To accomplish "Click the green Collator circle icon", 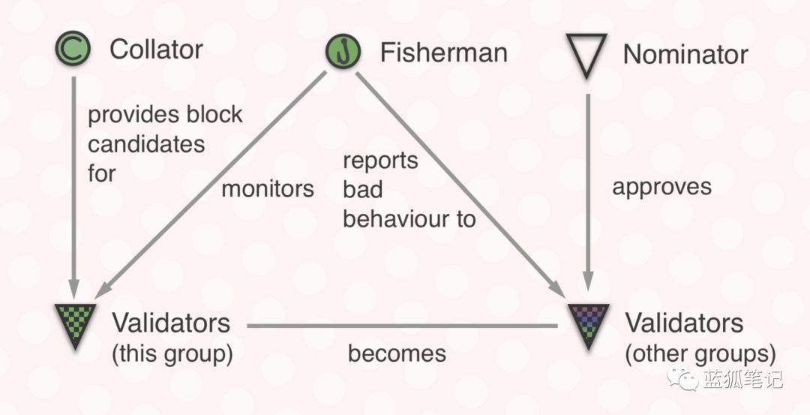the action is point(73,48).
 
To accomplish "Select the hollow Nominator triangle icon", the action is point(586,55).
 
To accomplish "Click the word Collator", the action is point(156,50).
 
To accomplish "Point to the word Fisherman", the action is point(444,53).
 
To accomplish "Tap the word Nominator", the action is point(685,54).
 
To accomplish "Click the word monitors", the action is point(268,188).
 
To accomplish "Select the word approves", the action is point(661,188).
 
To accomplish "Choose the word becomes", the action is point(397,353).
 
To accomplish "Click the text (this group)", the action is point(172,353).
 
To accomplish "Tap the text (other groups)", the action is point(700,354).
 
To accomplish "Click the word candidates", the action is point(146,144).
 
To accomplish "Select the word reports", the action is point(381,161).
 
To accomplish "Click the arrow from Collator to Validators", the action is point(73,188).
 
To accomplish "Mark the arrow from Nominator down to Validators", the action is point(588,192).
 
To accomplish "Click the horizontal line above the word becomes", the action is point(402,326).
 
